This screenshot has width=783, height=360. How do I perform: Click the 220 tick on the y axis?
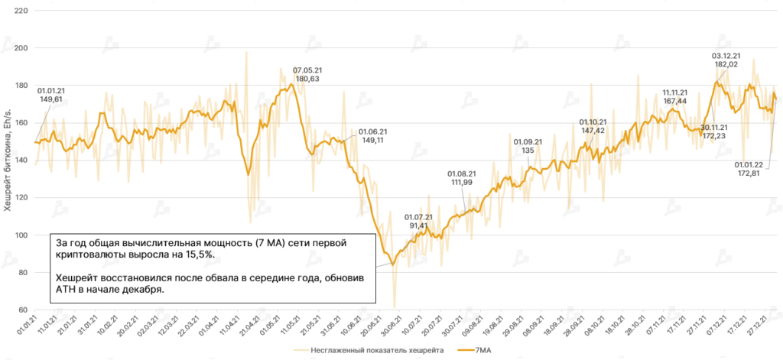(21, 11)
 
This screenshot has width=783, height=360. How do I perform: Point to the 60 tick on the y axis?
(24, 310)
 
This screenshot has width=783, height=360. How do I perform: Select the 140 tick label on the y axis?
(21, 161)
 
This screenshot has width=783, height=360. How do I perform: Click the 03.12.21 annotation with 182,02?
(725, 60)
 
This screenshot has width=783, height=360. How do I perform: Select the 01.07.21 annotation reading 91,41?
(418, 222)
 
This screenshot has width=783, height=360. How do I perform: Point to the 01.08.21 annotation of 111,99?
(462, 177)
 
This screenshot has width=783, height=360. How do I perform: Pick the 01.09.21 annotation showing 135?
(528, 146)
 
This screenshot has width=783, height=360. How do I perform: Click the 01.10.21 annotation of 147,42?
(593, 126)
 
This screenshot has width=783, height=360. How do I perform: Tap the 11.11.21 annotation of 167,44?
(675, 96)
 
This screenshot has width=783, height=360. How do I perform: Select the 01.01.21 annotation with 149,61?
(51, 94)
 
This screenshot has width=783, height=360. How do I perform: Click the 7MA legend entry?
(473, 351)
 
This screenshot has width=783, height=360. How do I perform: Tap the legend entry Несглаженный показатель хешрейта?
(372, 351)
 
